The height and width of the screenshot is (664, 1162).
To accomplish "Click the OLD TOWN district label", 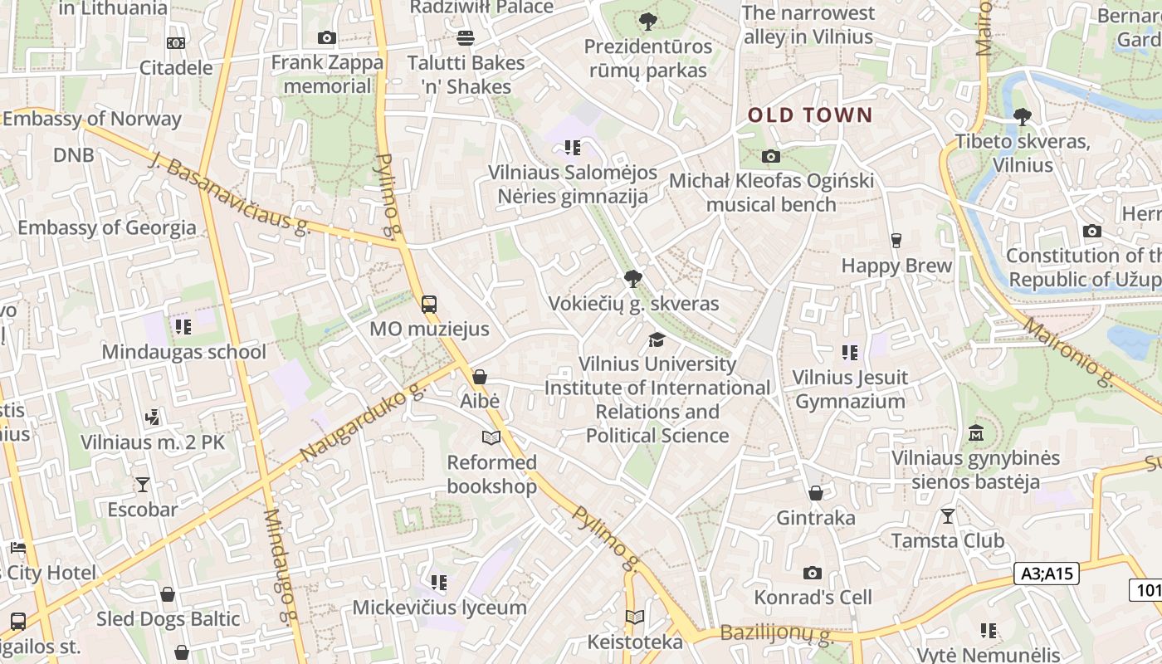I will (x=810, y=115).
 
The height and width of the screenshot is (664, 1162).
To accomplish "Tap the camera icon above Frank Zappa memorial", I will (x=327, y=37).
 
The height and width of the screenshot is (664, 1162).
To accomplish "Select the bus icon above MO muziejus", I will (x=429, y=304).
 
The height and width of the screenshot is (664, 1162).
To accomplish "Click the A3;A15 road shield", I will (x=1047, y=573).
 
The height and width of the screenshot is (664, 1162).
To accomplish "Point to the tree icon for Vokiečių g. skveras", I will (x=633, y=278).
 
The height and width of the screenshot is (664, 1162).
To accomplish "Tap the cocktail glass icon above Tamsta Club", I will (x=948, y=515).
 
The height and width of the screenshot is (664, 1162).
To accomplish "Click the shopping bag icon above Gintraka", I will (x=816, y=493).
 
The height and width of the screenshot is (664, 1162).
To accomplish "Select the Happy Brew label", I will (x=896, y=266).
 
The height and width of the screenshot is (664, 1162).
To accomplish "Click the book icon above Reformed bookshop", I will (x=491, y=437).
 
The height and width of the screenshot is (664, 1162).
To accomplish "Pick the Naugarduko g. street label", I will (x=363, y=422).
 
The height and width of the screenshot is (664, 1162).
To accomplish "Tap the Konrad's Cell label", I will (x=813, y=597).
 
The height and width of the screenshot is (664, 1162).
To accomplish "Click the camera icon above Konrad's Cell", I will (x=813, y=573).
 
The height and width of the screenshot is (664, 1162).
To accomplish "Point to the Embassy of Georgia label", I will (x=107, y=227).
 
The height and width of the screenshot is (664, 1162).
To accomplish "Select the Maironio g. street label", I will (x=1067, y=352).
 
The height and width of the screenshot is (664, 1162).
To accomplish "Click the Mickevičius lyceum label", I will (x=439, y=607).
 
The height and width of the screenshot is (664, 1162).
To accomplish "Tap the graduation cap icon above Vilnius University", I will (x=657, y=339).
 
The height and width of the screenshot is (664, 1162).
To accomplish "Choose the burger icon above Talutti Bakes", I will (x=466, y=37).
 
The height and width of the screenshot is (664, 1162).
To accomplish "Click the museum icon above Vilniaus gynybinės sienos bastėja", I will (x=975, y=433).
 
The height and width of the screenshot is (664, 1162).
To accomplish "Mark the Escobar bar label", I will (x=143, y=509).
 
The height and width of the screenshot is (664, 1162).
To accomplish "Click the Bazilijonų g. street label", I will (x=776, y=635).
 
